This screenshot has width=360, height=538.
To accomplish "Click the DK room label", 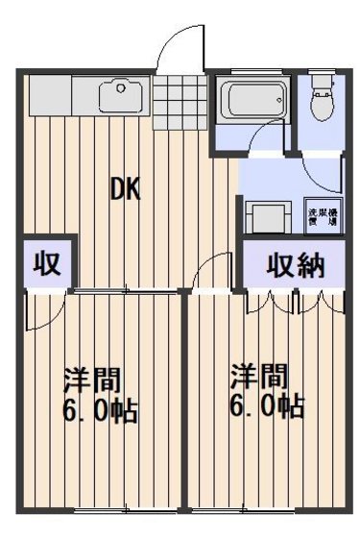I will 124,189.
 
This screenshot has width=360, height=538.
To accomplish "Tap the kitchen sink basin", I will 122,94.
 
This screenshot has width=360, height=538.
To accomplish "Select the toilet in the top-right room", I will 321,101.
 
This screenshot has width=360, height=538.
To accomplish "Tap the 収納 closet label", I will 295,263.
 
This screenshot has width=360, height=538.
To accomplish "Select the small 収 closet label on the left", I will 45,263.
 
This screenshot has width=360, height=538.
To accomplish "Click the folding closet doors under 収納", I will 295,300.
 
